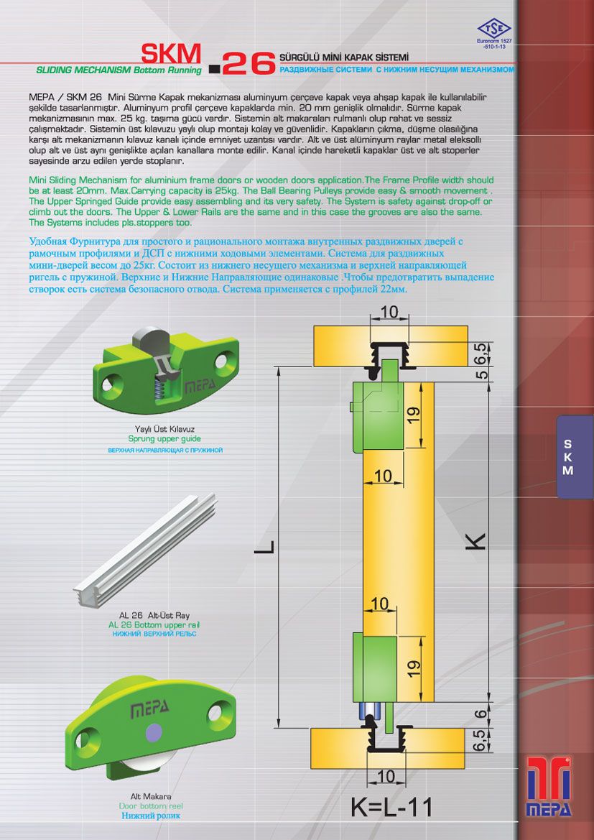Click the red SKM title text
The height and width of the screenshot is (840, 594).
click(x=171, y=54)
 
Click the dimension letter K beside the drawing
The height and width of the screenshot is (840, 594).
click(x=478, y=540)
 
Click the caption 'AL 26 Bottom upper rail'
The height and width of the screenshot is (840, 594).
click(x=154, y=624)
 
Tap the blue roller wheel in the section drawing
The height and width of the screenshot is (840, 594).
click(x=370, y=711)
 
